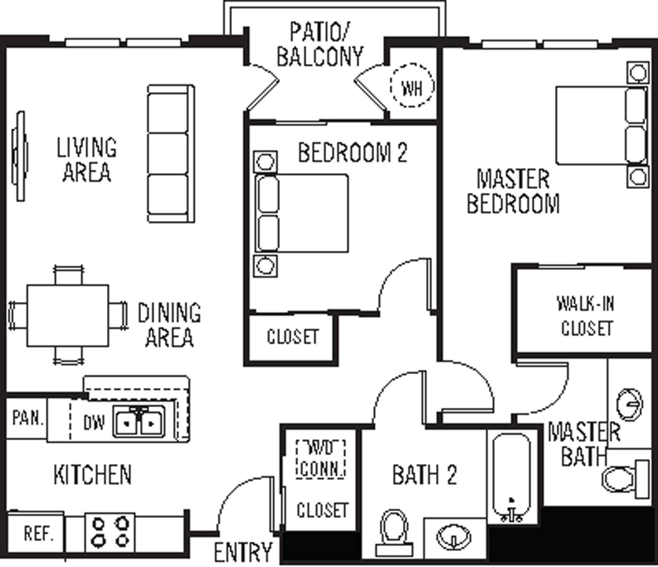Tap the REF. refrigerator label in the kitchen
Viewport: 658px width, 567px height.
(39, 533)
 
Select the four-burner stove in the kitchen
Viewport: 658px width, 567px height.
(110, 532)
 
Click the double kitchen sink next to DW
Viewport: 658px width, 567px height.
(139, 422)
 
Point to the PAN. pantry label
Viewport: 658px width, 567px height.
(27, 418)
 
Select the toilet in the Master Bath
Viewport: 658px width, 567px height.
(623, 478)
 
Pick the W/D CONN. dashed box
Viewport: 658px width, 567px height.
(321, 459)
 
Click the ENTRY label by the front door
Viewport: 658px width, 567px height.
(243, 552)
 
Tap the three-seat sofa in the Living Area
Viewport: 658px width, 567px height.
(170, 153)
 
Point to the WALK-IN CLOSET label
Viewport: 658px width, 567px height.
(586, 316)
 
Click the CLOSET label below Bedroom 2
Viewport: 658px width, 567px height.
(292, 337)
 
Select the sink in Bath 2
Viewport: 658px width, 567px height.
(454, 536)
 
